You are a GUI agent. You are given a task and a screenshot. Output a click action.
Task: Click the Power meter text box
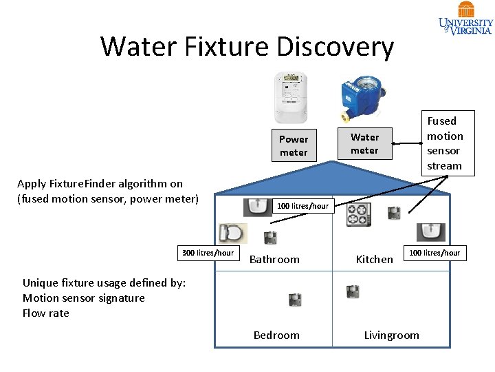coord(294,145)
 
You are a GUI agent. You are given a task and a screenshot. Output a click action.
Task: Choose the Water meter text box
coord(364,143)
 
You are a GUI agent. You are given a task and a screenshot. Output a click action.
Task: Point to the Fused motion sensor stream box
coord(444,143)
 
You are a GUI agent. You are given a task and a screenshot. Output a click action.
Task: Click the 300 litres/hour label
coord(208,253)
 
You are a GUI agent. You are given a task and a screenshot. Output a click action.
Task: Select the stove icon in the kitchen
coord(358,214)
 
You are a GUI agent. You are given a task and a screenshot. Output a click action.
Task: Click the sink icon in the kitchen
coord(431,232)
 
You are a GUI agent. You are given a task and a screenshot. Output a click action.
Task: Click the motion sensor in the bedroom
coord(295,300)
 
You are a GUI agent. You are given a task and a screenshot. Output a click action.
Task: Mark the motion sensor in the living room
coord(353,292)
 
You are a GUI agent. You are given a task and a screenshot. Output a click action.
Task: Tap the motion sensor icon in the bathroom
coord(270,238)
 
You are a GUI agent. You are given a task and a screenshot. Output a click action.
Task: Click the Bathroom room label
coord(274,260)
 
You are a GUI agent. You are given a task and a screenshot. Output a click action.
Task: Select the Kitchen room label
coord(374,260)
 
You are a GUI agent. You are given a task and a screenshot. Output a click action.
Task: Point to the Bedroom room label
coord(276,335)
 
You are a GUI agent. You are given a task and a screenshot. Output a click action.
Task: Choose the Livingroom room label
coord(391,335)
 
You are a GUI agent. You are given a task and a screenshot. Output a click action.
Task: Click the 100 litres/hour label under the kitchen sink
coord(434,253)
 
